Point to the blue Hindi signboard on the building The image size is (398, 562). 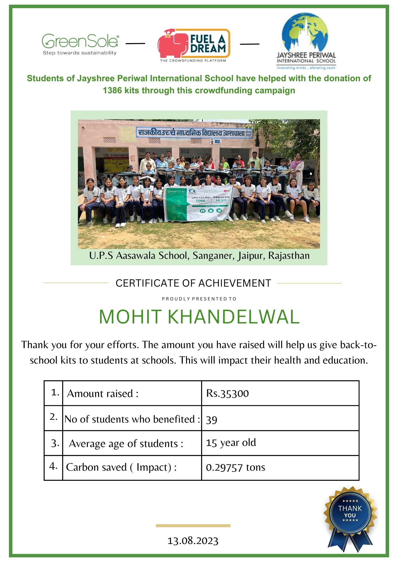tap(194, 133)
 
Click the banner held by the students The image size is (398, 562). tap(198, 203)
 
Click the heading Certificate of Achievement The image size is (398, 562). tap(193, 283)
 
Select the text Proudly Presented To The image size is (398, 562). tap(199, 299)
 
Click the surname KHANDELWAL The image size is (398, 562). tap(234, 317)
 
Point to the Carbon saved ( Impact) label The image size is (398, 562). tap(121, 467)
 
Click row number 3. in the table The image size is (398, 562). tap(55, 443)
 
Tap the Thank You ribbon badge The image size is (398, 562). tap(350, 517)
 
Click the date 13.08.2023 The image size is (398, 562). tap(193, 541)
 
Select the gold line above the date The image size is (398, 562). tap(193, 525)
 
